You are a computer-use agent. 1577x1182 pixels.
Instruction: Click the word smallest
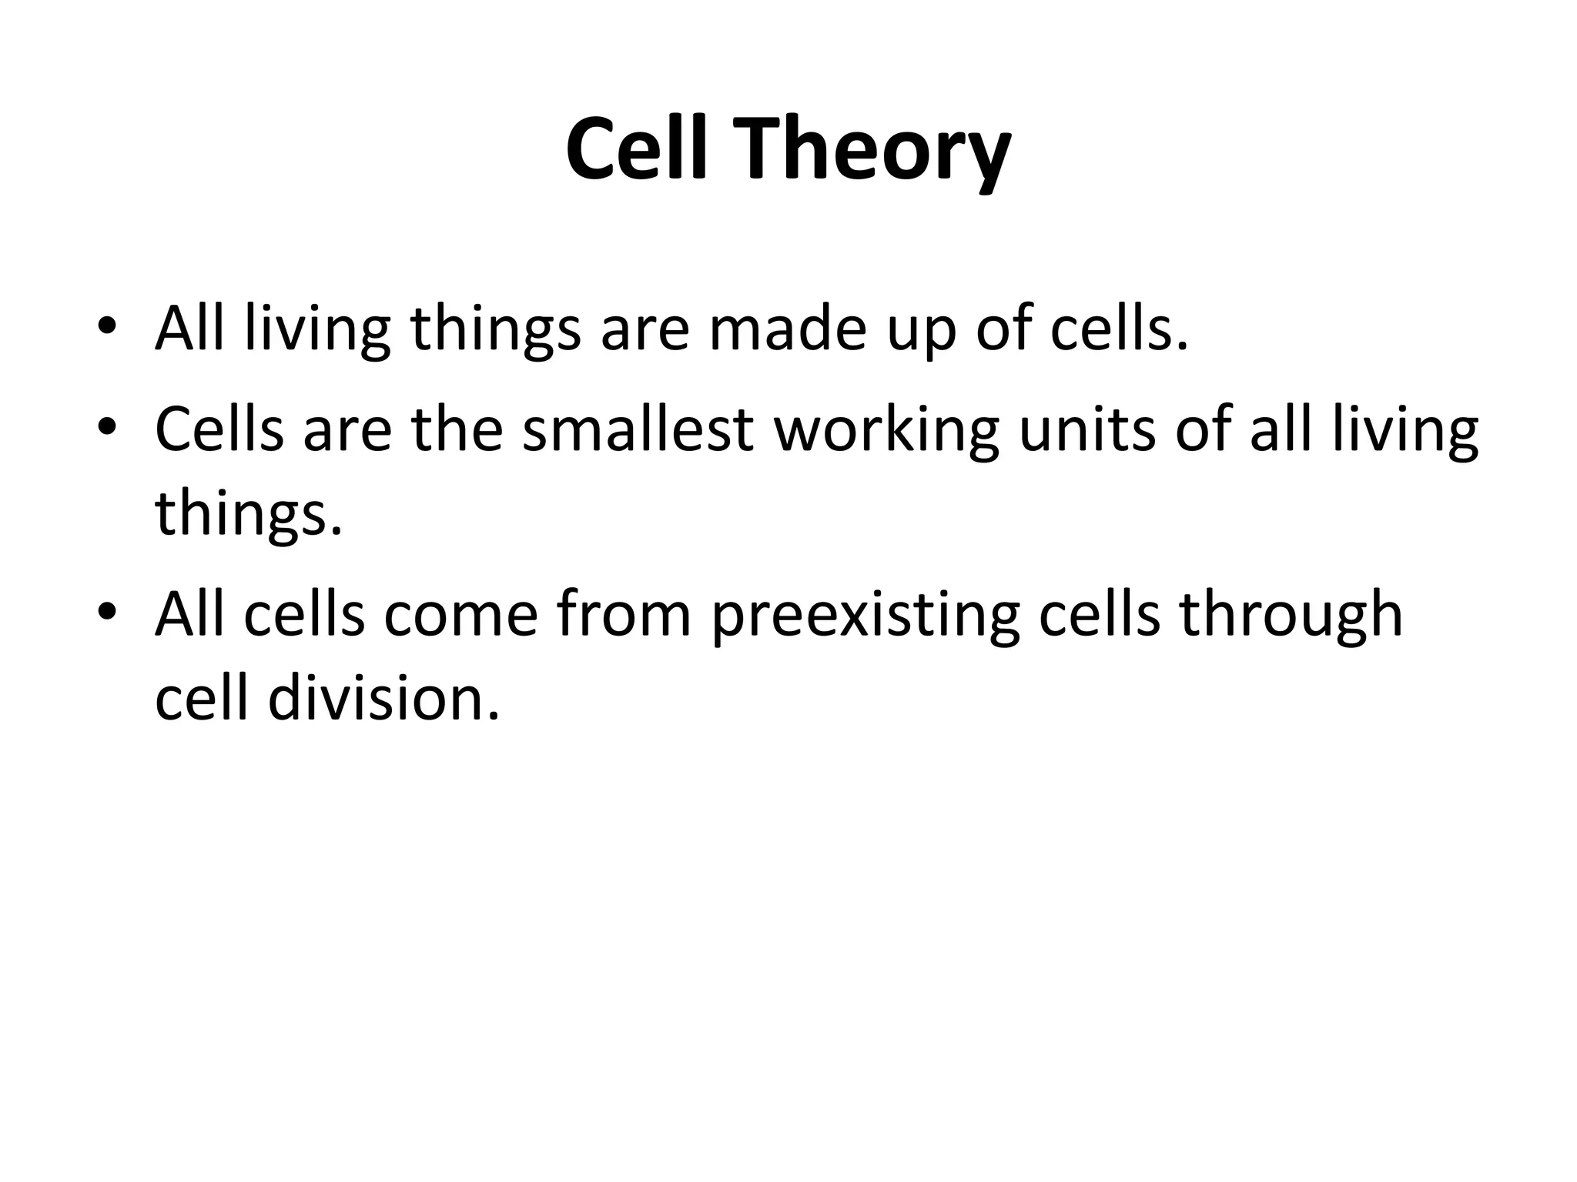[x=637, y=429]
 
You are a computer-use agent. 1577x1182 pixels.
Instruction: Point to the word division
[x=383, y=699]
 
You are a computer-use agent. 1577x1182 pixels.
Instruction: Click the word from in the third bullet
[x=624, y=614]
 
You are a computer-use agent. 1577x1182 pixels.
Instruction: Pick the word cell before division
[x=202, y=699]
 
